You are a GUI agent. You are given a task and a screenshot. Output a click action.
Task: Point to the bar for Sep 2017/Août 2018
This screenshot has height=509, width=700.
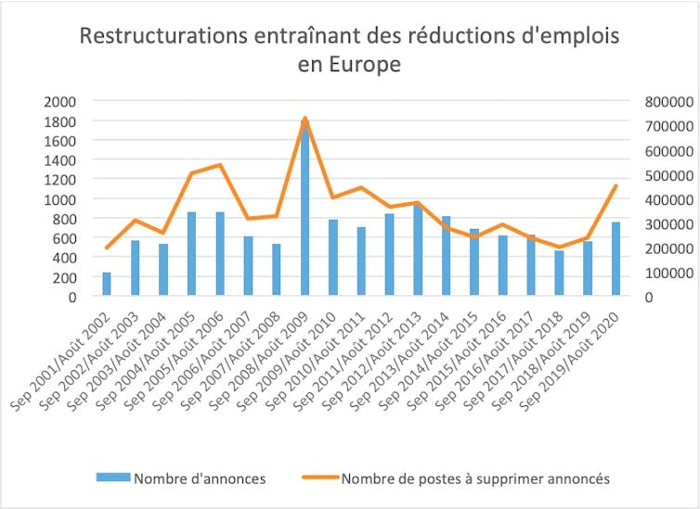point(559,274)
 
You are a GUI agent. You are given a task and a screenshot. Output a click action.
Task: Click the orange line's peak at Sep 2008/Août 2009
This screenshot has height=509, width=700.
point(305,119)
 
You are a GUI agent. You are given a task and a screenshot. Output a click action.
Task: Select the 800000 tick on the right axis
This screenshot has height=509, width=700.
point(662,101)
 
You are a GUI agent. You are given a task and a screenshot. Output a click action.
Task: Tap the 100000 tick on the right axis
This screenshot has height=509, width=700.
point(662,273)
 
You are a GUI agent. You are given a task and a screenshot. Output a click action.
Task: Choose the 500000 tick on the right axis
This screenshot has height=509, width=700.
point(662,174)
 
